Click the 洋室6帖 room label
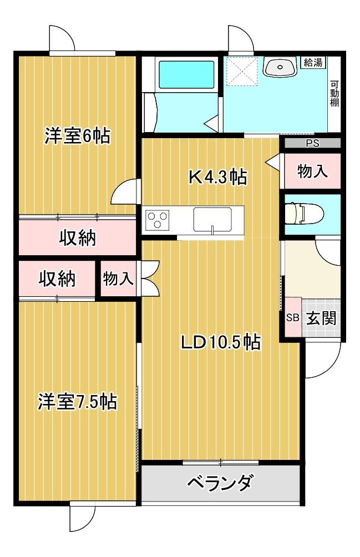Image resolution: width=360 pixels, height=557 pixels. pyautogui.click(x=78, y=136)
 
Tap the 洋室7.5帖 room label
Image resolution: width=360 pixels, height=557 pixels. pyautogui.click(x=78, y=402)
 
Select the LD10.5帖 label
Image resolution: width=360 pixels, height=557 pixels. pyautogui.click(x=221, y=342)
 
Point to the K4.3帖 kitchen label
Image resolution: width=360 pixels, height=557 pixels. pyautogui.click(x=217, y=176)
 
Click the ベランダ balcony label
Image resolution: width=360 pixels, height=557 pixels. pyautogui.click(x=220, y=483)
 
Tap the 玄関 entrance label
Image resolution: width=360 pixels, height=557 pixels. pyautogui.click(x=321, y=318)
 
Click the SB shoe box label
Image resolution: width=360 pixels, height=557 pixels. pyautogui.click(x=293, y=317)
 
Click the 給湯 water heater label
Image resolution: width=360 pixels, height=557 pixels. pyautogui.click(x=313, y=63)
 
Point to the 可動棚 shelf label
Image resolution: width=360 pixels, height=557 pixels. pyautogui.click(x=334, y=94)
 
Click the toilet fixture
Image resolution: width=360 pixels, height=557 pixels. pyautogui.click(x=305, y=214)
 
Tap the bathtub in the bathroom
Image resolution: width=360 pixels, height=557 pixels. pyautogui.click(x=186, y=74)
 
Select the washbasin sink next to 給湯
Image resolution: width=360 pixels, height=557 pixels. pyautogui.click(x=280, y=67)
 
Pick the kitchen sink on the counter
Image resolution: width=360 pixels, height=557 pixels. pyautogui.click(x=212, y=220)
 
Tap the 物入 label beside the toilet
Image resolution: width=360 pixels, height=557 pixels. pyautogui.click(x=312, y=171)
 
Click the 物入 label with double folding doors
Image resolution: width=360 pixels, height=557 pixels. pyautogui.click(x=118, y=278)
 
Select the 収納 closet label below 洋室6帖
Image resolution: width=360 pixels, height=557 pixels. pyautogui.click(x=78, y=237)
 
